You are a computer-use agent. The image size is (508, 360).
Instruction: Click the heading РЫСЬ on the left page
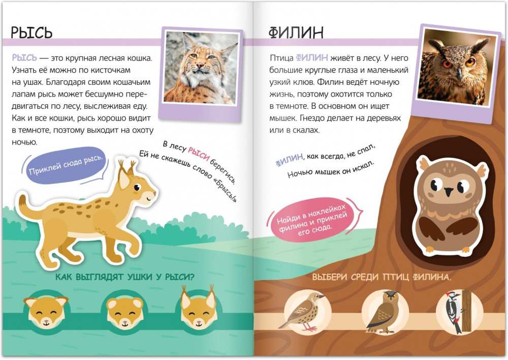[x=31, y=33]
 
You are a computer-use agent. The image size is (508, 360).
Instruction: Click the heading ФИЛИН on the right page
[x=296, y=33]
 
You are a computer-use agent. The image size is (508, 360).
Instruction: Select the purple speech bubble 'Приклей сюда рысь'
[x=66, y=165]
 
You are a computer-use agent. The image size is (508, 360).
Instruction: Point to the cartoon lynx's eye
[x=137, y=188]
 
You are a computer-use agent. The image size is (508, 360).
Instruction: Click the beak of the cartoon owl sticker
[x=449, y=191]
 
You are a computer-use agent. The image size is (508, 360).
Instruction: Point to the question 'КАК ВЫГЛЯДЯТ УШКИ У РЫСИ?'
[x=125, y=277]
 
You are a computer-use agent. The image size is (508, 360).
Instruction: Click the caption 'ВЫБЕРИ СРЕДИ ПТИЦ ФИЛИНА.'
[x=382, y=277]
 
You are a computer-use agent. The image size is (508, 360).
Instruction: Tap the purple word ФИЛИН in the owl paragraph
[x=312, y=58]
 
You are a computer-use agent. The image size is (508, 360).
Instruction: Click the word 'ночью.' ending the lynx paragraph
[x=24, y=142]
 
